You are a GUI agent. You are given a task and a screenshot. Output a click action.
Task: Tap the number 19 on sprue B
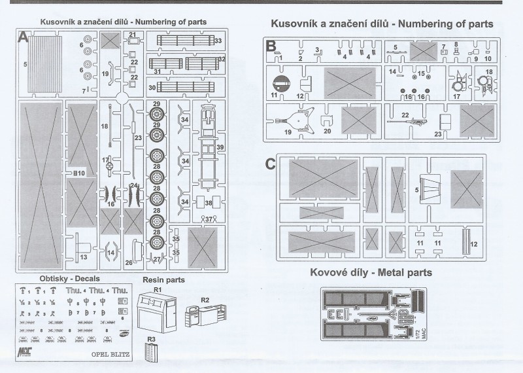(x=269, y=132)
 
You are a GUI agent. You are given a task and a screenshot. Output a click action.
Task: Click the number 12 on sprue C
(x=474, y=244)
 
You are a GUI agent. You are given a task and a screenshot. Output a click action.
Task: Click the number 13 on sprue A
(x=84, y=257)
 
